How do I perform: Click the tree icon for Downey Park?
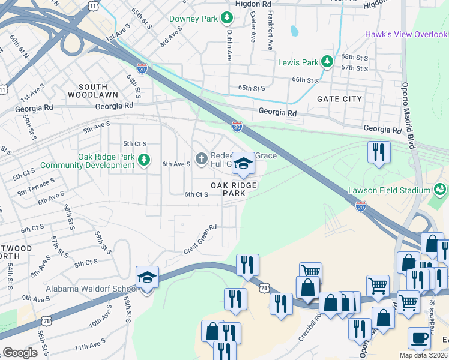point(227,19)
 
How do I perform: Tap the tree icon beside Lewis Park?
point(327,61)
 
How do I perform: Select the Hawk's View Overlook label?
point(406,34)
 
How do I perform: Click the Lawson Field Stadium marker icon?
point(441,190)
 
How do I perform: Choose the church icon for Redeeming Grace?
point(201,159)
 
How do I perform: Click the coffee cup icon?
point(418,338)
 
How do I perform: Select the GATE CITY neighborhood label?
point(339,99)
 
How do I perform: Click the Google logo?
point(20,353)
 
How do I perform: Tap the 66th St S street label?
point(305,80)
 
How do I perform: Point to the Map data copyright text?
point(423,355)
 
